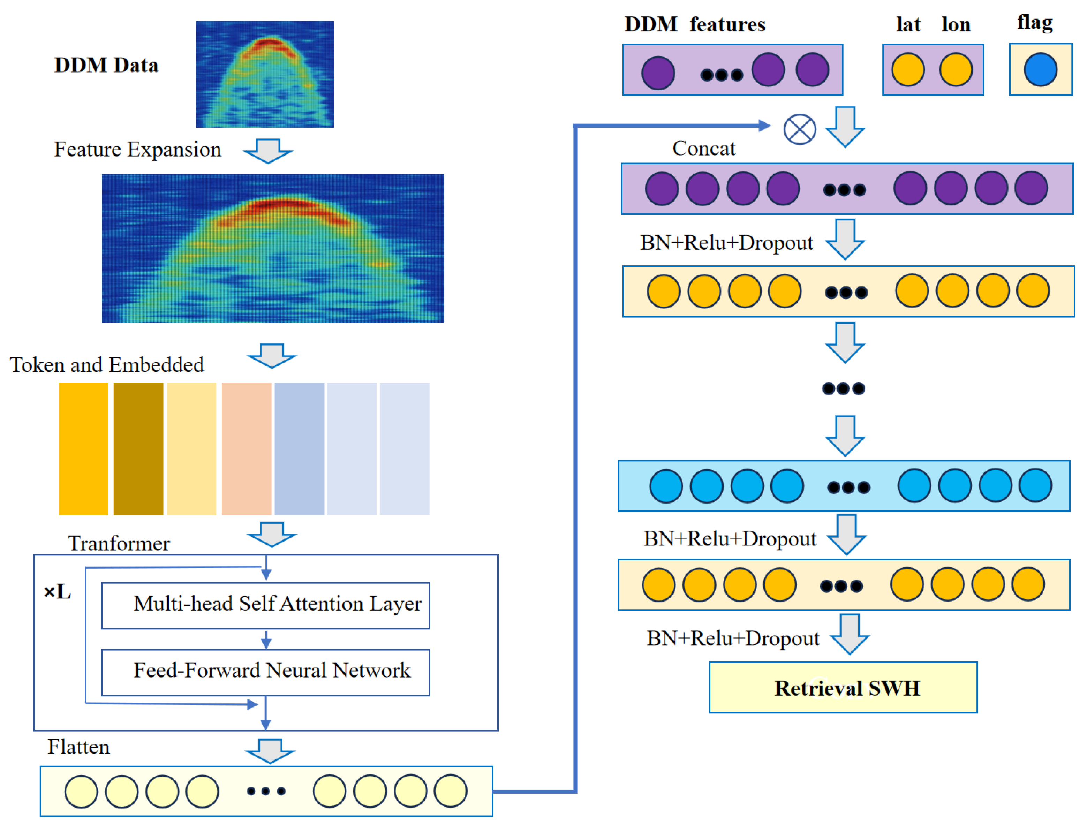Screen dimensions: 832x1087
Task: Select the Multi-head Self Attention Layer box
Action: [x=265, y=605]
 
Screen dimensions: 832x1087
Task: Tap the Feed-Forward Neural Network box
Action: [x=265, y=672]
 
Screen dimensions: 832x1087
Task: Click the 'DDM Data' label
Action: [x=106, y=65]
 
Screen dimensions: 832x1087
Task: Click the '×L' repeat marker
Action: [x=57, y=592]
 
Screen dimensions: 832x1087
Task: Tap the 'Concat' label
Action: [x=703, y=149]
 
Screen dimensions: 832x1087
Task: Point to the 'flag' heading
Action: [x=1034, y=23]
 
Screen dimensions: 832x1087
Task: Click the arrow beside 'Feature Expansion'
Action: [x=267, y=151]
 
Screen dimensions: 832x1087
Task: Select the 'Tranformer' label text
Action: [x=119, y=544]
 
